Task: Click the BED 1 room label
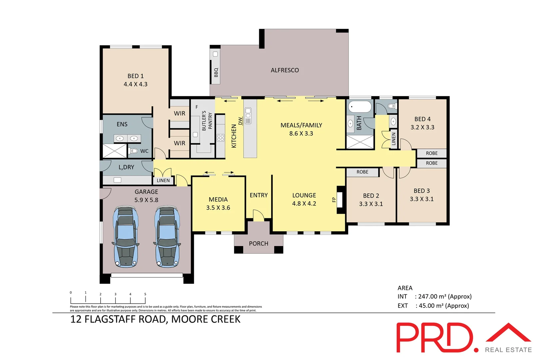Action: (x=135, y=76)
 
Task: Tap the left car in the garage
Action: (x=125, y=237)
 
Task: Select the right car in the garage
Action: (x=167, y=237)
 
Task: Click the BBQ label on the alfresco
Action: (x=216, y=72)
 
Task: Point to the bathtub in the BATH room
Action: (x=360, y=107)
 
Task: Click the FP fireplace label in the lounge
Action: (x=334, y=200)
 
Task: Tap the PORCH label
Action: (x=259, y=244)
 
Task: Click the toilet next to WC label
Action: (x=134, y=151)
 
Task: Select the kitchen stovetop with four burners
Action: (x=221, y=138)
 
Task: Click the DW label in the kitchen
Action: (x=240, y=121)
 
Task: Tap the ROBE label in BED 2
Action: (x=362, y=172)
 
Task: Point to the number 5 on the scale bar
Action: (x=145, y=294)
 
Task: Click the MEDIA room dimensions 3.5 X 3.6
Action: (x=218, y=208)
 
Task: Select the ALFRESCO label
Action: (x=285, y=70)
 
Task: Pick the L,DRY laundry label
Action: (x=126, y=167)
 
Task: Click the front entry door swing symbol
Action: (x=259, y=215)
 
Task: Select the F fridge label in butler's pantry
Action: (x=197, y=107)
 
